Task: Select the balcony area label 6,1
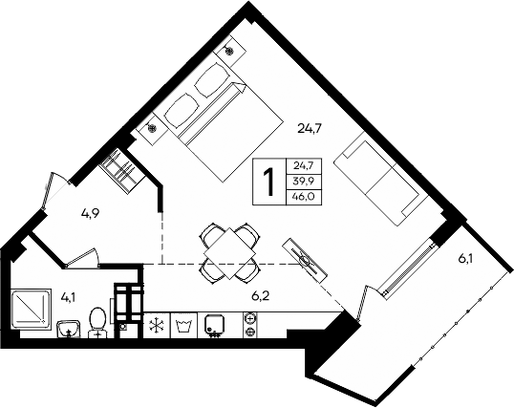pyautogui.click(x=466, y=258)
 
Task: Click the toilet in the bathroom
pyautogui.click(x=96, y=320)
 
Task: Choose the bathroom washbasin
pyautogui.click(x=66, y=330)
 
